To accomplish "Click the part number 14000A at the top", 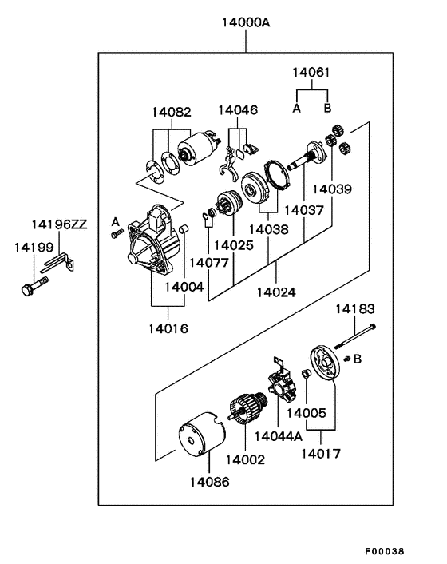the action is tap(246, 22).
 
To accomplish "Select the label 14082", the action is tap(172, 112).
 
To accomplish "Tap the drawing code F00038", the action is tap(385, 551).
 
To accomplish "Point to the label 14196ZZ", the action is tap(59, 224).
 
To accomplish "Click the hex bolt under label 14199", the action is tap(34, 285).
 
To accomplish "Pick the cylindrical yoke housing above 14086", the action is tap(202, 435).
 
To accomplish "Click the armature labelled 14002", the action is tap(247, 408).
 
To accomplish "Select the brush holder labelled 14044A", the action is tap(282, 383).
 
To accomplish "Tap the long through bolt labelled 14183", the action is tap(355, 336).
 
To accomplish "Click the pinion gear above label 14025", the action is tap(230, 202).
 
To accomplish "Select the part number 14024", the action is tap(276, 292).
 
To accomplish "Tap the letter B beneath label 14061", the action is tap(327, 108).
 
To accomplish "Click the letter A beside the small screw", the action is tap(115, 221).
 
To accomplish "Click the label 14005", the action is tap(307, 413).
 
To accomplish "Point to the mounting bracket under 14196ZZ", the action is tap(58, 263).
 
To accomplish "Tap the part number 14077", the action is tap(209, 263).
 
